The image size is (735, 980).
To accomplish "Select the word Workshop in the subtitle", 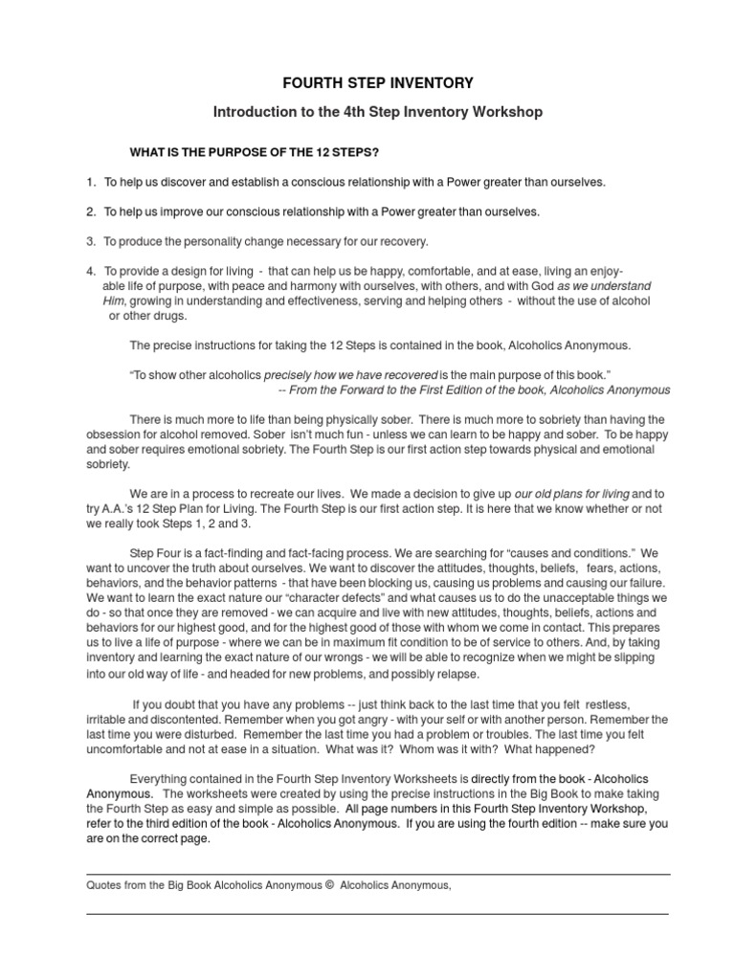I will click(512, 112).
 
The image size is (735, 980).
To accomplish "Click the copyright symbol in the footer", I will click(328, 885).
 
